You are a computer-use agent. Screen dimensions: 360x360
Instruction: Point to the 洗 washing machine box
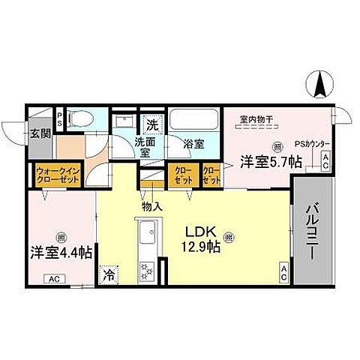152,124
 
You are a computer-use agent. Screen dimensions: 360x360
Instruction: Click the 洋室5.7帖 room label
270,160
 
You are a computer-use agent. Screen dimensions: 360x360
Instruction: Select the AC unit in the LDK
284,275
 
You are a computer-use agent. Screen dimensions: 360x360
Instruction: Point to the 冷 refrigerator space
109,274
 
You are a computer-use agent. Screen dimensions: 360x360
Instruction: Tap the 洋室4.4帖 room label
61,253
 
